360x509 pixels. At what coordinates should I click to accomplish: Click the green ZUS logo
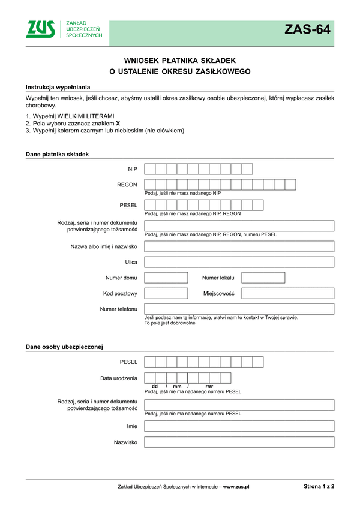(40, 29)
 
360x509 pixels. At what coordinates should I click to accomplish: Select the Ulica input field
(239, 262)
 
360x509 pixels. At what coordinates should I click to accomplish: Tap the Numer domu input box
(166, 278)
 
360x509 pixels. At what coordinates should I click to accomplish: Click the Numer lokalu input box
(263, 278)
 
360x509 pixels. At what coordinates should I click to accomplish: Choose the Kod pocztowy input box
(166, 293)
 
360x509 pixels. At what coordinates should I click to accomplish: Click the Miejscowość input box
(287, 293)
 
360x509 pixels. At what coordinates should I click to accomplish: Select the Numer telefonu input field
(239, 309)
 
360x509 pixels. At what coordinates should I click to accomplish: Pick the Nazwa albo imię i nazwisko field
(239, 246)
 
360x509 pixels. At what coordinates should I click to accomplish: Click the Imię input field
(239, 426)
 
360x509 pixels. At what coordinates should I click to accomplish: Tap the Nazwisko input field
(239, 442)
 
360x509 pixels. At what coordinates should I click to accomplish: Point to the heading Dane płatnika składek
(57, 154)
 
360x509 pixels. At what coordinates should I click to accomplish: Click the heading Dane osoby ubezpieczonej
(64, 347)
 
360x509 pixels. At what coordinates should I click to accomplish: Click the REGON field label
(127, 185)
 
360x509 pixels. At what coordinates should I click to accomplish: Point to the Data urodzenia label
(119, 378)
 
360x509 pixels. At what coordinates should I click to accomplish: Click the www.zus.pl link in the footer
(236, 487)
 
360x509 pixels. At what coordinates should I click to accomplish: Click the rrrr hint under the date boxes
(209, 387)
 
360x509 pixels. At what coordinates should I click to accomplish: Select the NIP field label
(133, 169)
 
